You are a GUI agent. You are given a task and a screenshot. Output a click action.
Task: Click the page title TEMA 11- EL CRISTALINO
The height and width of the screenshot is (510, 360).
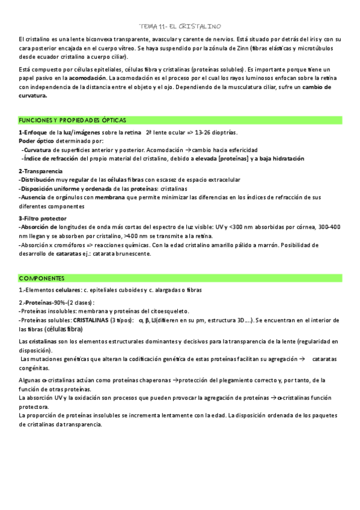pos(180,26)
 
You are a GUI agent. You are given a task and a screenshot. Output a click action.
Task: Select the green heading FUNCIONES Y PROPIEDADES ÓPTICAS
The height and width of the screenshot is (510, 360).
pos(72,120)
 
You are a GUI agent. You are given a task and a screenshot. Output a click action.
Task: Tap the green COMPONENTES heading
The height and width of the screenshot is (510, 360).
pos(41,278)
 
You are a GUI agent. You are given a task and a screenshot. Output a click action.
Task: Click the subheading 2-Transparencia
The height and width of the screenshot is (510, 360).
pos(41,171)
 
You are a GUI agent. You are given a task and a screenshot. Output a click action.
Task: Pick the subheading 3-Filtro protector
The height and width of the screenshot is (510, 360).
pos(42,218)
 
